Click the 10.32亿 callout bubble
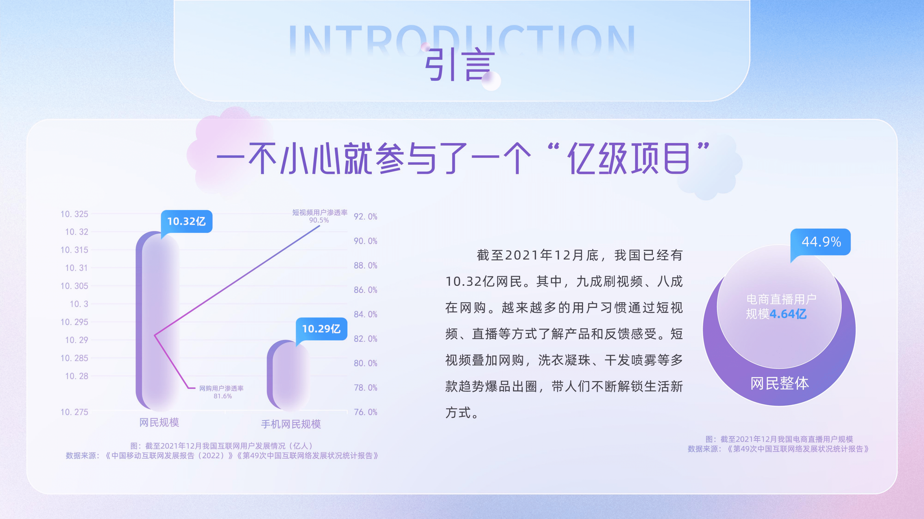[x=187, y=221]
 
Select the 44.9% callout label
[x=821, y=242]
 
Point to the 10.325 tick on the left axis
[x=74, y=214]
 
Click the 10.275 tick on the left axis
[x=74, y=412]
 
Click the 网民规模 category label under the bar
[x=159, y=423]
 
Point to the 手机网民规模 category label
[x=291, y=425]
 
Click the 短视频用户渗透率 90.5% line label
[x=320, y=216]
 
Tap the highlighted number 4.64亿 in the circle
[x=788, y=314]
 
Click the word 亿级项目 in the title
[x=628, y=159]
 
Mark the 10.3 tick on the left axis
[x=79, y=304]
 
